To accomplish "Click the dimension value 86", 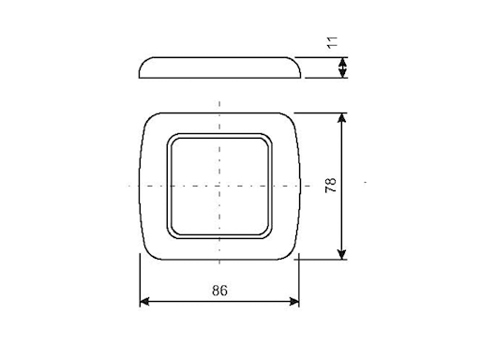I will coord(219,291).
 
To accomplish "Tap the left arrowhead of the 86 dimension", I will coord(142,302).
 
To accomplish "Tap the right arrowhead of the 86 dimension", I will coord(296,302).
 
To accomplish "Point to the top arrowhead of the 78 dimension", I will coord(342,117).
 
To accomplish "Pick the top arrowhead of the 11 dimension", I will coord(342,60).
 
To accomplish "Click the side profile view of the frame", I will coord(219,67).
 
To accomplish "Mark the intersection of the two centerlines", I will coord(219,185).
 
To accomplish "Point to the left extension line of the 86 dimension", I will coord(140,281).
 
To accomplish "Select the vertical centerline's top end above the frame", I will coord(219,98).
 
